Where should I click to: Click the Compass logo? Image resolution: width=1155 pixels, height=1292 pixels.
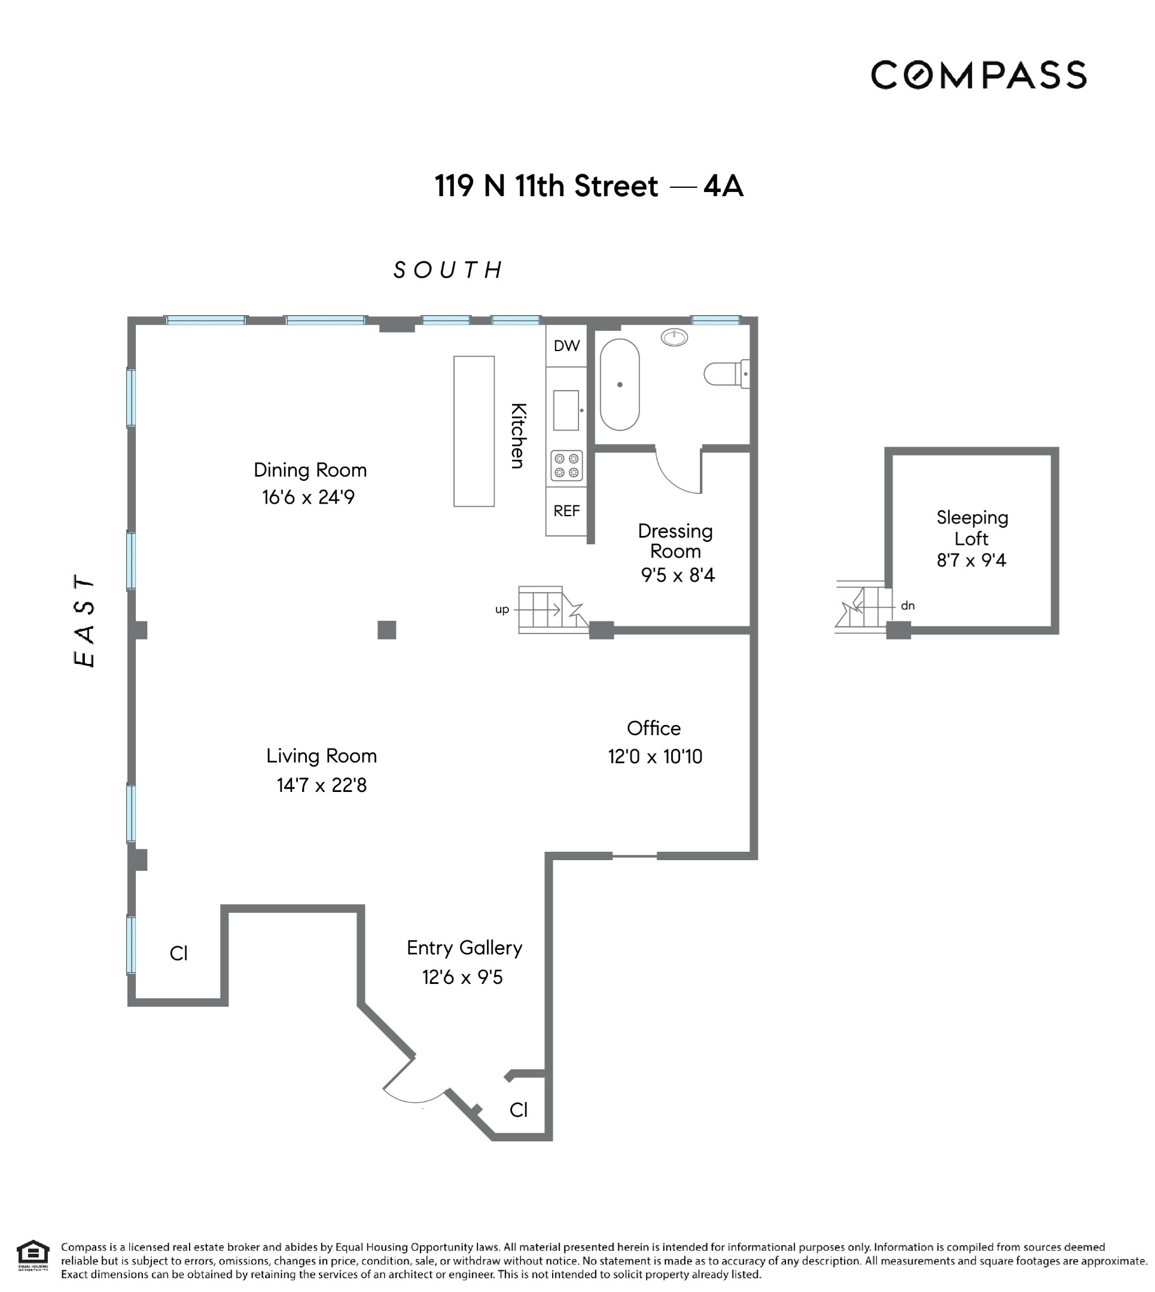[x=978, y=75]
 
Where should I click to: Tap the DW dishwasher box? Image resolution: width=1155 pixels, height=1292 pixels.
[x=566, y=346]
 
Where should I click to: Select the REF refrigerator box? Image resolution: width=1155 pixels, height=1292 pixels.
[x=566, y=511]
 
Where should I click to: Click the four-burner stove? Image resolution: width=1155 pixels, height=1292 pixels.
[x=566, y=465]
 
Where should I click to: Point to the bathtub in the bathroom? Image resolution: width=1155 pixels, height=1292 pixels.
[x=620, y=384]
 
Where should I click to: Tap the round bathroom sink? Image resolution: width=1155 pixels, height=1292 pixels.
[x=674, y=337]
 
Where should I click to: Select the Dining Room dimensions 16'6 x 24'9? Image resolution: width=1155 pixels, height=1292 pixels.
[x=309, y=497]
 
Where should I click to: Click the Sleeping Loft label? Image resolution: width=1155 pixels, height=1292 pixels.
[x=971, y=528]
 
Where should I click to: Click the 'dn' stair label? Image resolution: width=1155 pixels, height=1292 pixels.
[x=907, y=605]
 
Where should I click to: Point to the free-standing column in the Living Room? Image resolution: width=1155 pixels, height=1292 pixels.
[x=386, y=629]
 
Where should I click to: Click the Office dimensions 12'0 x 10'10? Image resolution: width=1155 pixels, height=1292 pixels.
[x=655, y=757]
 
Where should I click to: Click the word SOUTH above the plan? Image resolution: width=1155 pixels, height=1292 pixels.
[x=448, y=270]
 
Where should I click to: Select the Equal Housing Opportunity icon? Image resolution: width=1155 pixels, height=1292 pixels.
[x=33, y=1254]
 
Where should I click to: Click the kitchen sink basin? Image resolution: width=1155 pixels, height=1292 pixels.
[x=565, y=410]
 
